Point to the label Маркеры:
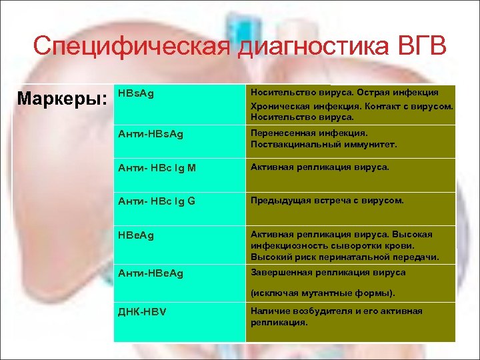[x=62, y=99]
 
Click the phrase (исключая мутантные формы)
[x=323, y=293]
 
